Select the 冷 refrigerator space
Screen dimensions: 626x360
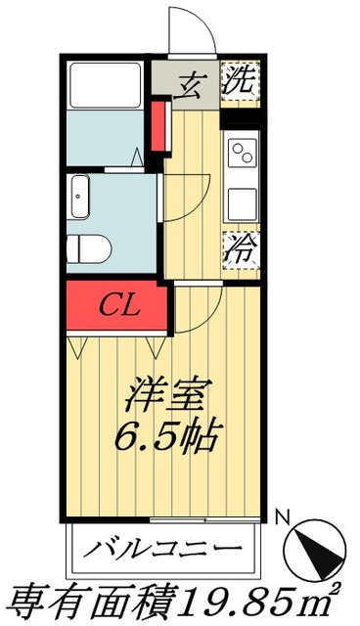pos(240,246)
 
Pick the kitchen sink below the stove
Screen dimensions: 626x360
pos(241,202)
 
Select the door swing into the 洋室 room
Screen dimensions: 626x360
pos(201,308)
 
